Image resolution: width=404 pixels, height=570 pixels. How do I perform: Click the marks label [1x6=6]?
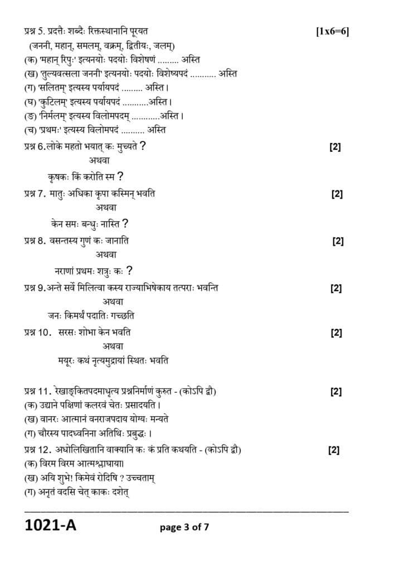coord(332,31)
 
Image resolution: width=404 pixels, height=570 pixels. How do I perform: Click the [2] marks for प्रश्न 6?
coord(335,147)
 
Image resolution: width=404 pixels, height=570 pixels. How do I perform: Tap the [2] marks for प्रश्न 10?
coord(336,333)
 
